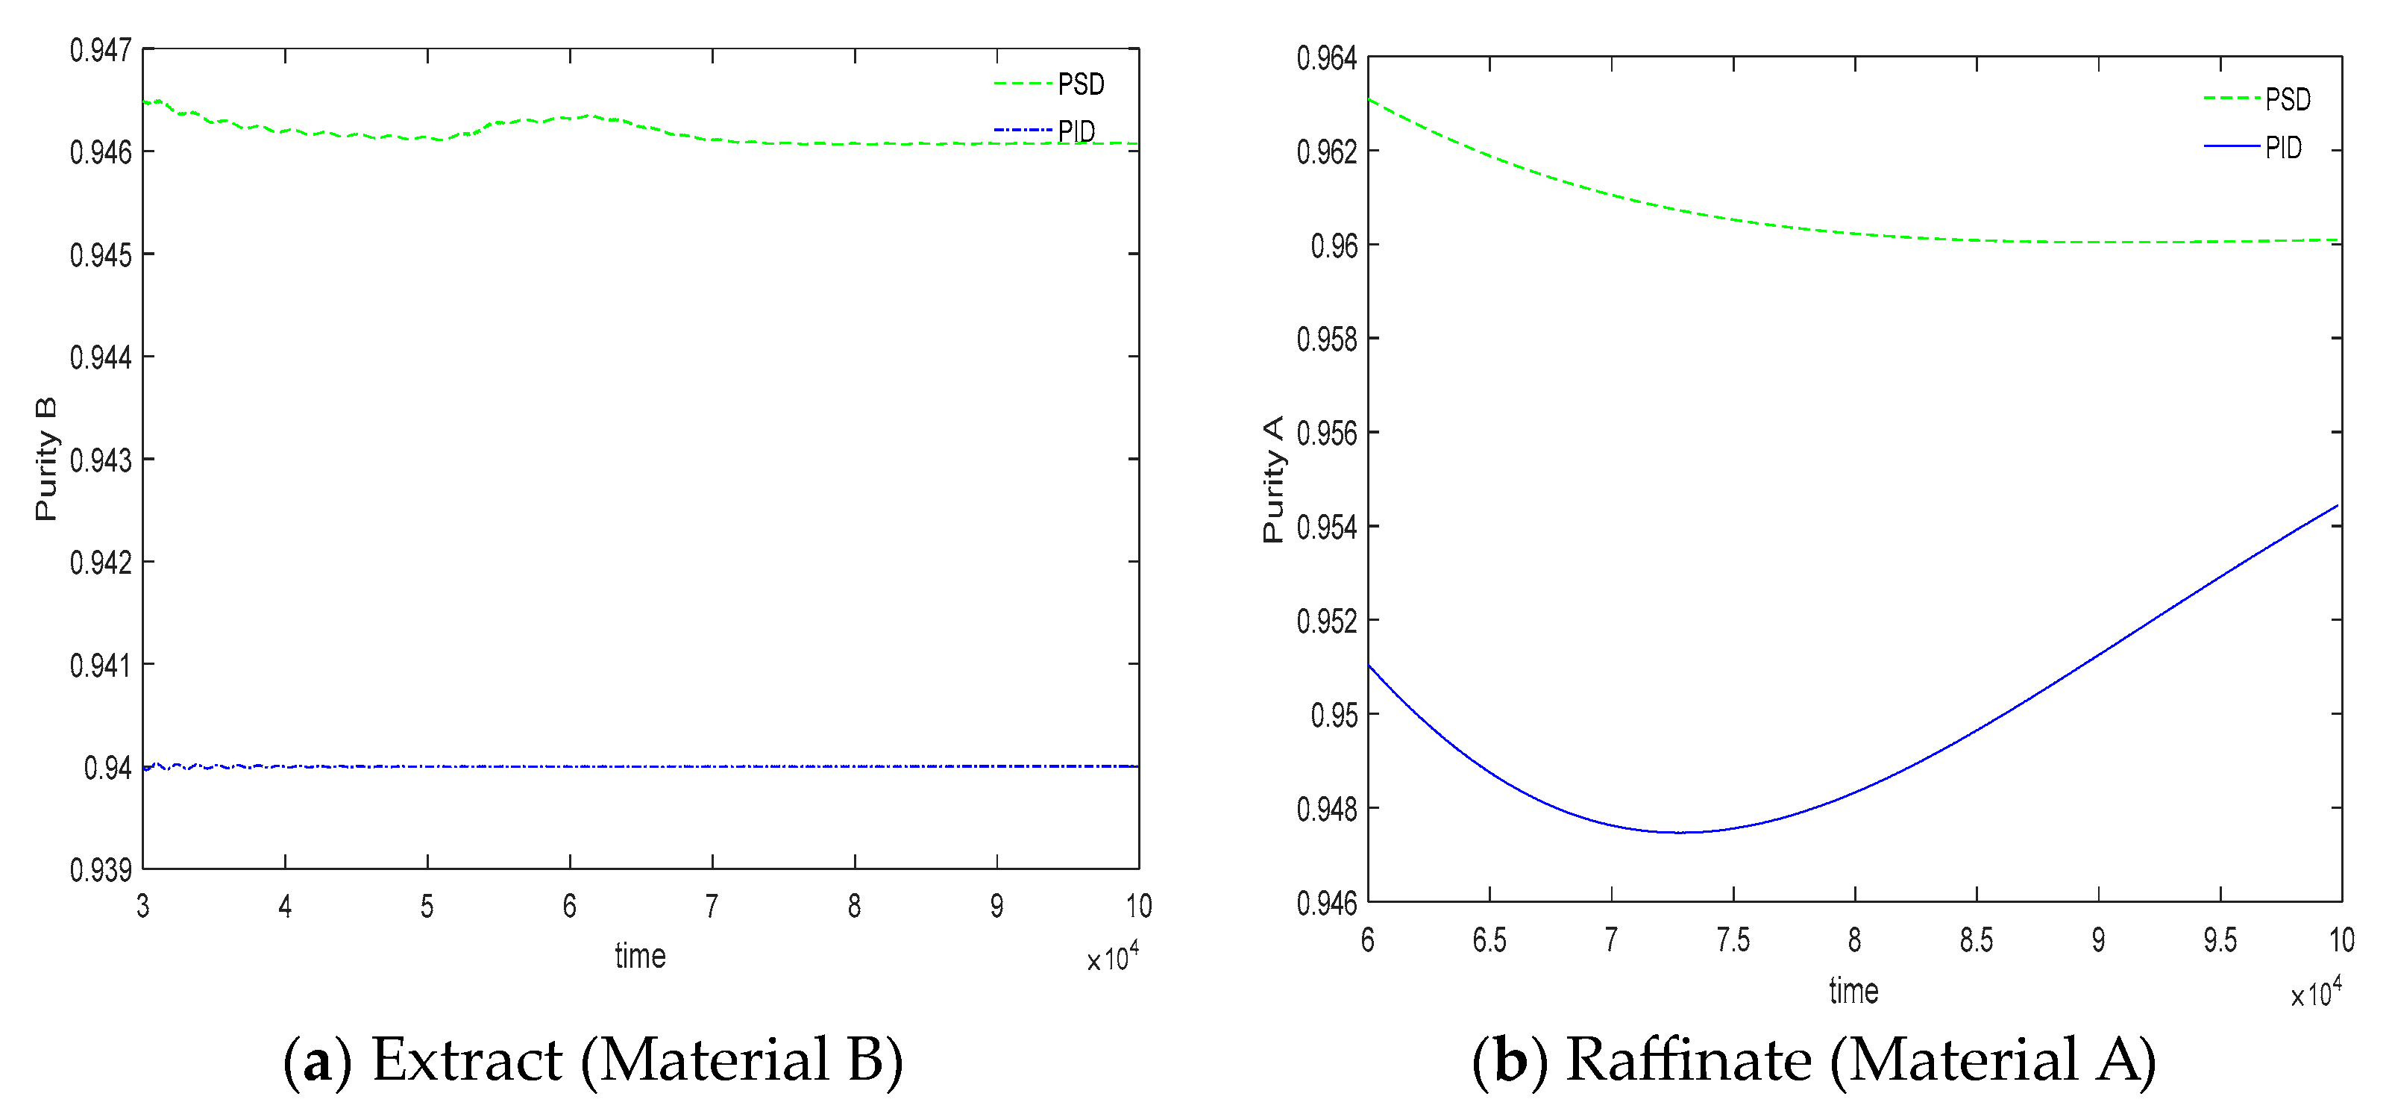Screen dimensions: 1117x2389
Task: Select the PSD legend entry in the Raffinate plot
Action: tap(2287, 99)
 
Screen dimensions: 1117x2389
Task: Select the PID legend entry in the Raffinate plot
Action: tap(2282, 148)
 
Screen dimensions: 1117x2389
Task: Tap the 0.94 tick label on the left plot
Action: tap(107, 768)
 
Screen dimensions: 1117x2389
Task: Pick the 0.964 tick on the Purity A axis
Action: tap(1326, 58)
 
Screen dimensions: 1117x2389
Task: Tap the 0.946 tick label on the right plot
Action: tap(1326, 903)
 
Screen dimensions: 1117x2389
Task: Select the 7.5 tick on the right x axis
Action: tap(1733, 941)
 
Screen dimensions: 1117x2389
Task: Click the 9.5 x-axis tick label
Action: tap(2219, 941)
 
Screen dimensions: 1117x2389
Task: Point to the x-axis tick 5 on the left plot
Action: tap(427, 907)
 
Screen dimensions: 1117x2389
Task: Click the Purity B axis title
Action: tap(45, 459)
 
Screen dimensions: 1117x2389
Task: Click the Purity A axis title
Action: tap(1273, 479)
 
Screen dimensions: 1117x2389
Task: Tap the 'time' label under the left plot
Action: tap(640, 957)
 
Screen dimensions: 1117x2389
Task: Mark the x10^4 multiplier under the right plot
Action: tap(2316, 992)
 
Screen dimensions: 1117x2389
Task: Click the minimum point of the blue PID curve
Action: tap(1679, 832)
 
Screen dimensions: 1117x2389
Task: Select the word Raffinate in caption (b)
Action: tap(1688, 1060)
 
